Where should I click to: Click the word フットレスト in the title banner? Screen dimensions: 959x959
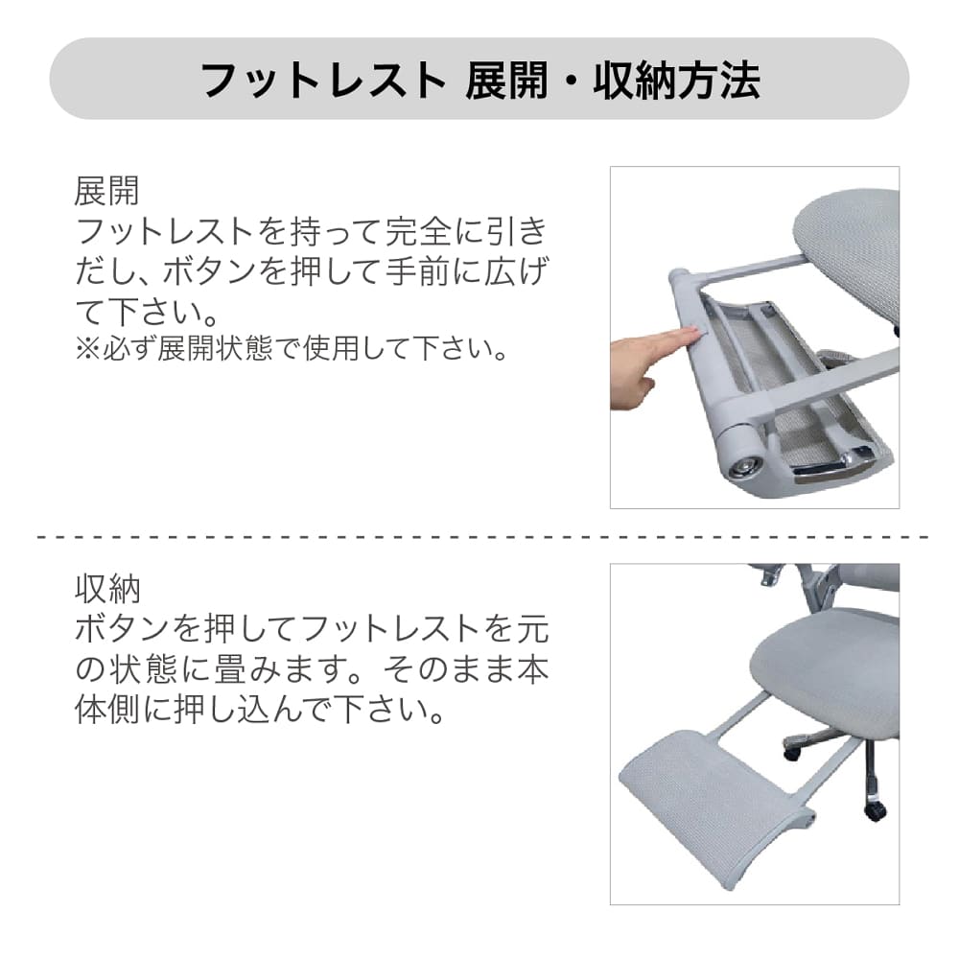323,81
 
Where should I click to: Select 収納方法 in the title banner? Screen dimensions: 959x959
676,81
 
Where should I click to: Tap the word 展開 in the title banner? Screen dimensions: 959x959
506,81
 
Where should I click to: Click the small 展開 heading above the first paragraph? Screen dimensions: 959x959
107,191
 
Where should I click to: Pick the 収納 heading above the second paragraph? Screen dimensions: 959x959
107,589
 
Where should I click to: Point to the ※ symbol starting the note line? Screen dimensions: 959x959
87,349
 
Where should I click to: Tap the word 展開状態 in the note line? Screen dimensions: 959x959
215,349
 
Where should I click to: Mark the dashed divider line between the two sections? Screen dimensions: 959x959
482,537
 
